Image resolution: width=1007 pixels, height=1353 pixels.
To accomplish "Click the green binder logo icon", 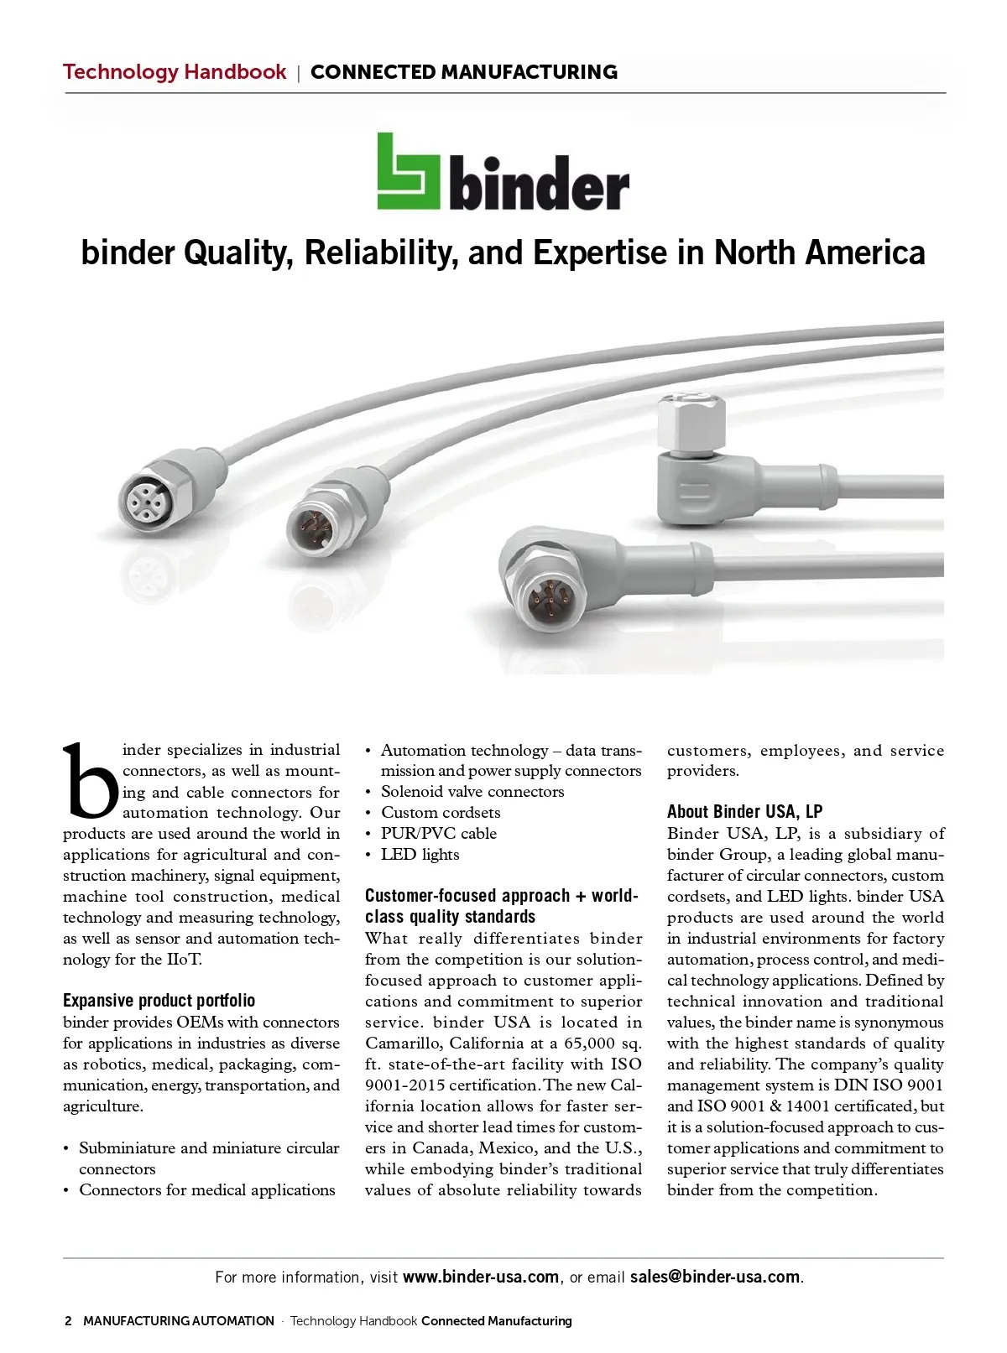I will [x=408, y=172].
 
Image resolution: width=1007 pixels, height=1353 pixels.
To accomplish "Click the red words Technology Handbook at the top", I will [x=175, y=72].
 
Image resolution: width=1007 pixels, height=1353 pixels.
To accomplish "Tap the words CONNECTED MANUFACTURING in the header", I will [x=464, y=72].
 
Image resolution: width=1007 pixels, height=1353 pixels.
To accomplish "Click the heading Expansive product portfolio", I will [x=159, y=1001].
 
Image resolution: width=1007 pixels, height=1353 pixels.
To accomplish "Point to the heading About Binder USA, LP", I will [x=744, y=812].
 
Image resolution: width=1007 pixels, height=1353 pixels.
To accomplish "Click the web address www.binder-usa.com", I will [x=481, y=1277].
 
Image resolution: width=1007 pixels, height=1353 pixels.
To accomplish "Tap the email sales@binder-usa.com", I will [x=715, y=1277].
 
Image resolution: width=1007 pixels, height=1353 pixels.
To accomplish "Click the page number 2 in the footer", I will [x=68, y=1321].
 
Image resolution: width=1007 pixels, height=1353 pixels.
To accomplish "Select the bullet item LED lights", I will [x=420, y=855].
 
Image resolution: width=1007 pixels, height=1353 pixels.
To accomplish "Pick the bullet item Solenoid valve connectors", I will [x=472, y=792].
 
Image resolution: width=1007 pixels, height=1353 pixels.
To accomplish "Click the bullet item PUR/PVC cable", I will [x=438, y=834].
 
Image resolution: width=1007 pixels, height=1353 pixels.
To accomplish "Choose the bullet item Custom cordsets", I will [x=441, y=813].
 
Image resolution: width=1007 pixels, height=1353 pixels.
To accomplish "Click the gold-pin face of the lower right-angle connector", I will [x=545, y=601].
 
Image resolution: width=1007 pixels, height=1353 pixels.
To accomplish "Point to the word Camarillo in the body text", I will [x=402, y=1043].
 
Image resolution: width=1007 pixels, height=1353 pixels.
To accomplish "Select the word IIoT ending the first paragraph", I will [x=184, y=960].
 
